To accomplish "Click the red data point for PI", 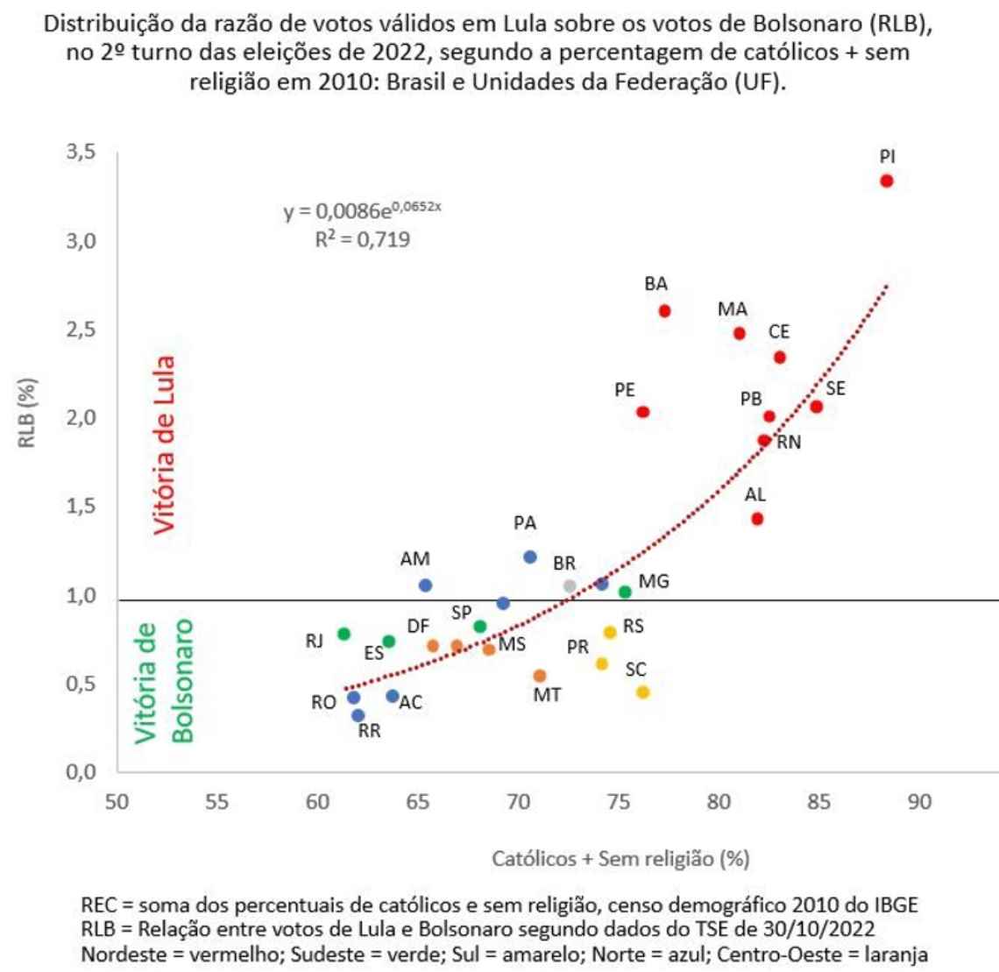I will point(887,181).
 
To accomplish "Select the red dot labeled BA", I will point(664,311).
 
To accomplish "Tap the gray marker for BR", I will point(570,585).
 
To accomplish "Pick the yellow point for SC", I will point(642,692).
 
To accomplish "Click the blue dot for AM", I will point(425,585).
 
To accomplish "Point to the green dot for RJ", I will point(344,634).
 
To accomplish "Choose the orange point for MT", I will point(540,676).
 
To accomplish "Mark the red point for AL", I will point(757,519).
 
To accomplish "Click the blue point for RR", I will point(358,715).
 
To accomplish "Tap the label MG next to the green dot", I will point(654,581).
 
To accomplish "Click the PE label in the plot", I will point(625,390).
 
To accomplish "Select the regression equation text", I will point(368,211).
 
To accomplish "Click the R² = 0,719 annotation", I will point(363,239).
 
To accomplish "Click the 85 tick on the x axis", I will point(818,802).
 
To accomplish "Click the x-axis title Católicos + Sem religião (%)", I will point(620,858).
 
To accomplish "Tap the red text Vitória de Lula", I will point(164,444).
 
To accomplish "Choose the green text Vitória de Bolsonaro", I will point(164,682).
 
